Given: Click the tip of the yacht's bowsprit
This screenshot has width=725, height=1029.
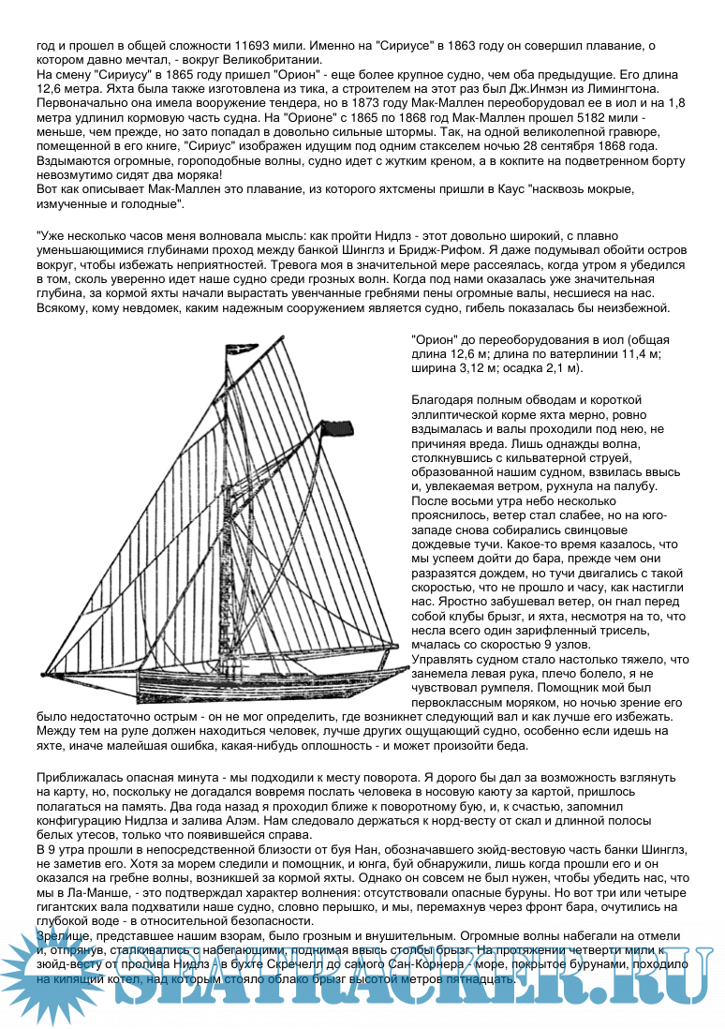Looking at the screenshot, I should point(43,674).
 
